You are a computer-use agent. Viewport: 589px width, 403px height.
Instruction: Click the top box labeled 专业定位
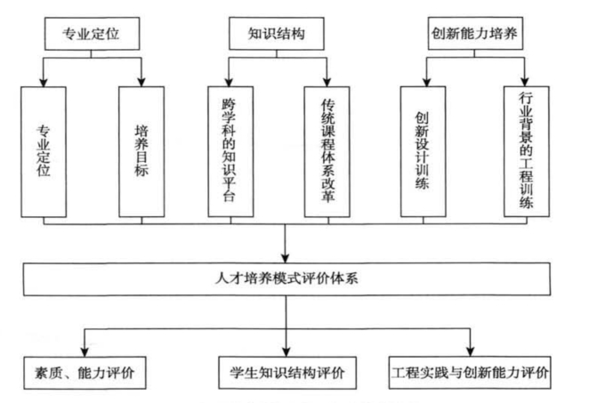(x=92, y=34)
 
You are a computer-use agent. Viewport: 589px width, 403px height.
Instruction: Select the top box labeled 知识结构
(x=277, y=34)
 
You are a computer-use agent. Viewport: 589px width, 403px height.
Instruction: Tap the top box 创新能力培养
(x=475, y=33)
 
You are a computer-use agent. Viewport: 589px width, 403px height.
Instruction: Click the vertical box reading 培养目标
(x=141, y=152)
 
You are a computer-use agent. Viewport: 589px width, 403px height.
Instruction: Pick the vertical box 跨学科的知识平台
(x=230, y=152)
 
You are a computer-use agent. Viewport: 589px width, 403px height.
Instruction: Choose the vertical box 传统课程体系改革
(x=327, y=152)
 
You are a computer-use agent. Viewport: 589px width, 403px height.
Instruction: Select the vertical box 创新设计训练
(x=424, y=152)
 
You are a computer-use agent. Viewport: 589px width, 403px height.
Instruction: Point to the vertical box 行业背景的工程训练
(x=527, y=151)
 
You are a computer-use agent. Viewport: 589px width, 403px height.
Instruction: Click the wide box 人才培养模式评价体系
(x=287, y=279)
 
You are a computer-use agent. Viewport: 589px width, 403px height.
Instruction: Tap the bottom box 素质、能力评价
(x=85, y=373)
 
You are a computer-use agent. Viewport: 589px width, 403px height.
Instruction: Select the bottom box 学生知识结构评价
(x=287, y=373)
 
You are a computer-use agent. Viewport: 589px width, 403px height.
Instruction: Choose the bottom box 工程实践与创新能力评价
(x=470, y=372)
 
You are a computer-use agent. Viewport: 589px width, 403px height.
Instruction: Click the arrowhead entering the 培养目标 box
(x=141, y=82)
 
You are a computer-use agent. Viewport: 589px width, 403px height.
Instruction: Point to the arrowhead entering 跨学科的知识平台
(x=229, y=82)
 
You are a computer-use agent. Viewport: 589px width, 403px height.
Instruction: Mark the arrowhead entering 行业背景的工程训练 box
(x=525, y=82)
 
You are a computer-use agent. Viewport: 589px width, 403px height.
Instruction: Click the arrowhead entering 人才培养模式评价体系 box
(x=285, y=258)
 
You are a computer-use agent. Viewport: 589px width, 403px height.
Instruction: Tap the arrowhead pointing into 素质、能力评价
(x=85, y=352)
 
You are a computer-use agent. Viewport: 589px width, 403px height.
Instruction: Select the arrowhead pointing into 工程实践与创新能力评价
(x=471, y=351)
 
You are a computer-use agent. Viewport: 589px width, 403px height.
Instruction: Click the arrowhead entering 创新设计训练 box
(x=426, y=82)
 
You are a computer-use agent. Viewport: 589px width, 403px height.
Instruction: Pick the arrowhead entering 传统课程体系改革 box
(x=327, y=82)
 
